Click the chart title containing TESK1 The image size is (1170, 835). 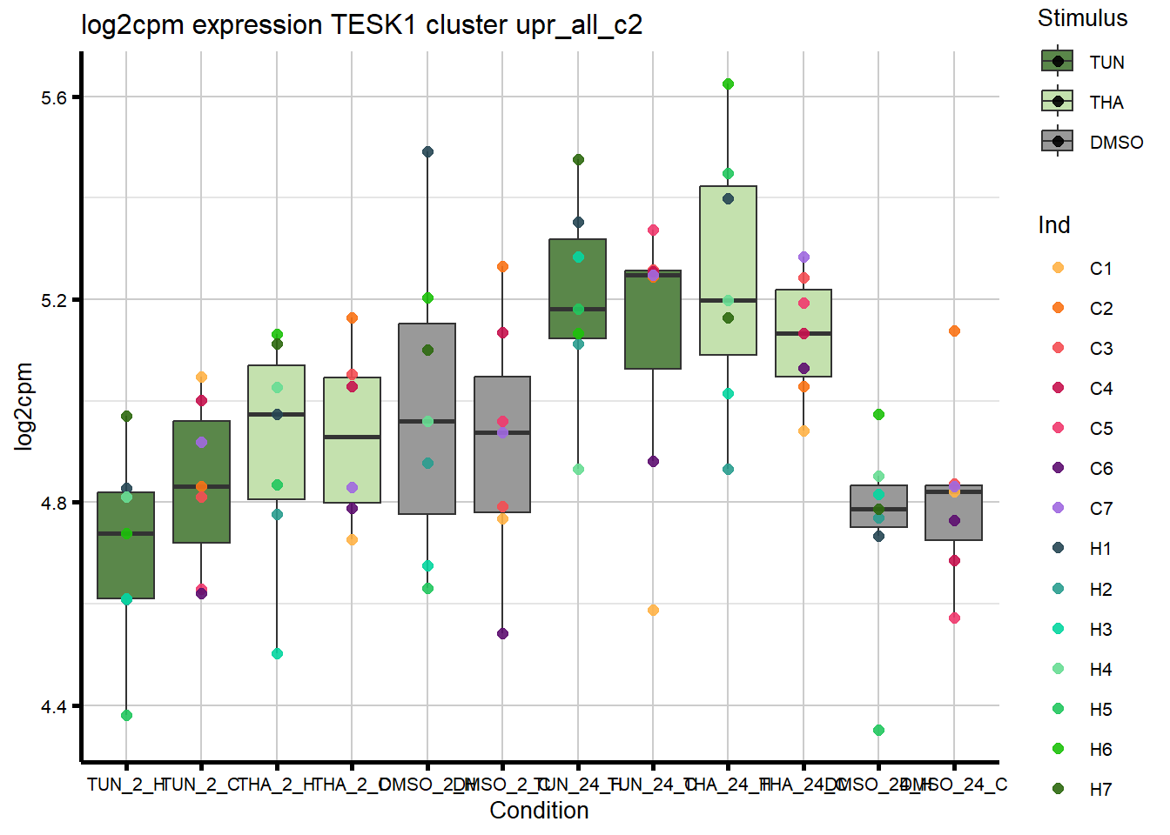361,24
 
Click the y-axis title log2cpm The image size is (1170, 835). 24,406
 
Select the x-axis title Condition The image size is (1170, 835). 539,811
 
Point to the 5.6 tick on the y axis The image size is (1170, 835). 54,97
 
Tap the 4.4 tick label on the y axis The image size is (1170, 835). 54,706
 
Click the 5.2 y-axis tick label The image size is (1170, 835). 54,300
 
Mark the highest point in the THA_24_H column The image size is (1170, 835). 728,84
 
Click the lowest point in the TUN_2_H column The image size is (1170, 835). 126,716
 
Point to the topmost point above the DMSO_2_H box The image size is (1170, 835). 427,152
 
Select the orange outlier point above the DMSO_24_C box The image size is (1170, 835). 954,331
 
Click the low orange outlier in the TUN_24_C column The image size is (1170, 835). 653,611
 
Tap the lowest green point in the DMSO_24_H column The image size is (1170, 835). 878,731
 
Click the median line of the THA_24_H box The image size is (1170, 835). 728,301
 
